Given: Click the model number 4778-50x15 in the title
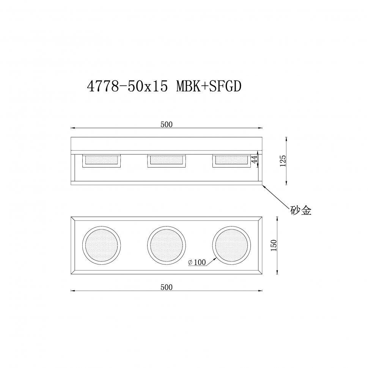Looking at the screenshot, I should pos(127,87).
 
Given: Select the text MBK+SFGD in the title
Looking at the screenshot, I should pos(209,87).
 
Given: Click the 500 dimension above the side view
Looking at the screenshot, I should pos(166,124).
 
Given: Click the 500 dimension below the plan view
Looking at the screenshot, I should pos(166,287).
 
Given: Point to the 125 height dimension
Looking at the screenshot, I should pos(282,161).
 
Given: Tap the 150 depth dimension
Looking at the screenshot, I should pos(274,245).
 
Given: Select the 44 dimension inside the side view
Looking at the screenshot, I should pos(255,159).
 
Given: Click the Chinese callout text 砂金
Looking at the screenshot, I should pos(301,211).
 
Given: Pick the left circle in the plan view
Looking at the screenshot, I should pos(102,245).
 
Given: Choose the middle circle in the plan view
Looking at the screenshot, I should pos(167,245).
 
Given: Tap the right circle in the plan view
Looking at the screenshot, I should pos(231,245).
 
